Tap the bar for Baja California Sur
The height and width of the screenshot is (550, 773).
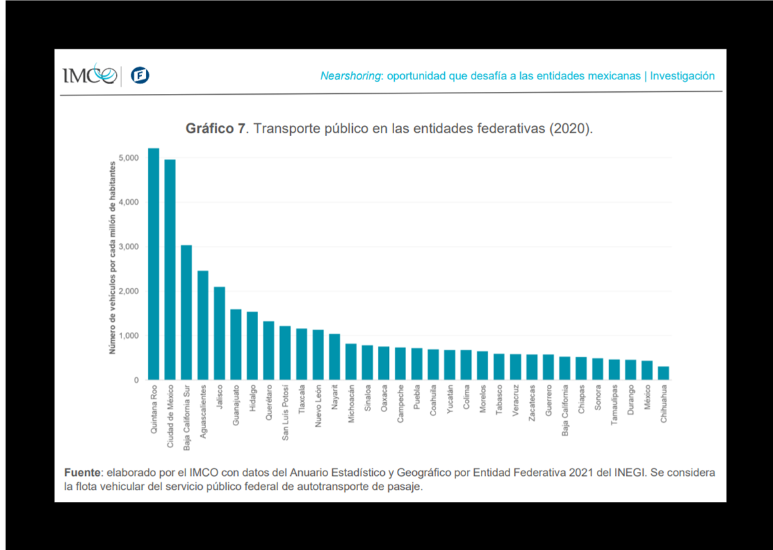click(187, 313)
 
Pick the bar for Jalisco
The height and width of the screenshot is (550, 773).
click(219, 333)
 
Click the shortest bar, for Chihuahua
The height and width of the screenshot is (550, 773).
click(664, 373)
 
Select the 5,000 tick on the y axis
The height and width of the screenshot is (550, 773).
click(129, 158)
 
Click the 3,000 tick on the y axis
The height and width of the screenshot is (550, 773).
click(129, 247)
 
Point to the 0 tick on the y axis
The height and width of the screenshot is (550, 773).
click(136, 380)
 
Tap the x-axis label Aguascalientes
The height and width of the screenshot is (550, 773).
click(203, 409)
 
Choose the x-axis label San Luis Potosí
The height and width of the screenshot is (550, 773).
click(285, 413)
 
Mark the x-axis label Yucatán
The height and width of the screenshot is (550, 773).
click(450, 400)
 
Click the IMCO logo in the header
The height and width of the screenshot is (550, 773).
click(89, 75)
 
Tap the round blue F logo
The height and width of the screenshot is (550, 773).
click(140, 75)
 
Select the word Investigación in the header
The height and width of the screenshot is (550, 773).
click(682, 76)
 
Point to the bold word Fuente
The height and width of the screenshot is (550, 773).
click(81, 473)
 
